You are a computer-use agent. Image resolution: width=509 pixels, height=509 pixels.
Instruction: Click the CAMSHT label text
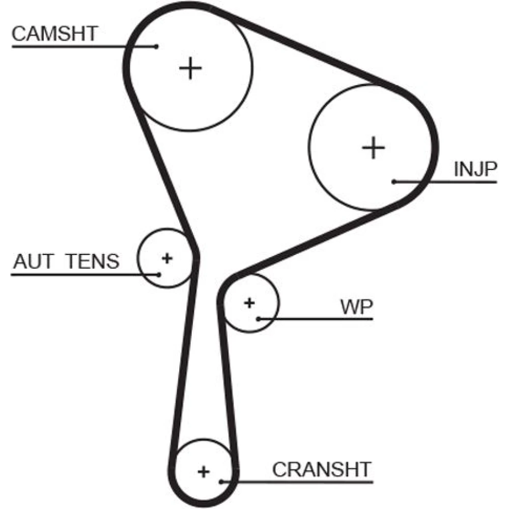pyautogui.click(x=54, y=34)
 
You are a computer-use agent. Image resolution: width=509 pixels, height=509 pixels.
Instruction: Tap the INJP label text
pyautogui.click(x=474, y=169)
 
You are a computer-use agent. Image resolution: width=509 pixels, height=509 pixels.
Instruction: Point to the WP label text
pyautogui.click(x=356, y=307)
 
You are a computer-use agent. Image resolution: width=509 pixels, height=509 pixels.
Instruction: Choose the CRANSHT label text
pyautogui.click(x=322, y=469)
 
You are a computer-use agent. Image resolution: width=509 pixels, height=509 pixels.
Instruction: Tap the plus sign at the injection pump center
pyautogui.click(x=374, y=148)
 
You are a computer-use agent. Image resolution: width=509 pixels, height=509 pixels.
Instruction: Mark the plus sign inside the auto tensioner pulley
pyautogui.click(x=166, y=258)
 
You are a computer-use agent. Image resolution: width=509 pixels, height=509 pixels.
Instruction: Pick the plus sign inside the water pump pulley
pyautogui.click(x=249, y=303)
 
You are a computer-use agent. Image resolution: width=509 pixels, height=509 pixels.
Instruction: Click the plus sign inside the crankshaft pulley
pyautogui.click(x=204, y=471)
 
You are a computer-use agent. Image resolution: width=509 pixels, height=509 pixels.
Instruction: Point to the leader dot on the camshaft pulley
pyautogui.click(x=157, y=46)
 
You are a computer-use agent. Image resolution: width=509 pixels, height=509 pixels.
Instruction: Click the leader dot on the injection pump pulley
pyautogui.click(x=394, y=181)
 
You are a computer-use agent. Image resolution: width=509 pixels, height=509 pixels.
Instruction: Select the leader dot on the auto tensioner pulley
pyautogui.click(x=159, y=274)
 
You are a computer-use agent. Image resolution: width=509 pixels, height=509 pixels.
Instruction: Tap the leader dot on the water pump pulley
pyautogui.click(x=259, y=319)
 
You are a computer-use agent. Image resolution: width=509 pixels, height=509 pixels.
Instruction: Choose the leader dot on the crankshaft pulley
pyautogui.click(x=221, y=481)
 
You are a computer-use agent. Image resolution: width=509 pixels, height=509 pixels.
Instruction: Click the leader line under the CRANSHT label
pyautogui.click(x=305, y=481)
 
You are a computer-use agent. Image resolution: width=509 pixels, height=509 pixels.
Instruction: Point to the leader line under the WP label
pyautogui.click(x=326, y=319)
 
